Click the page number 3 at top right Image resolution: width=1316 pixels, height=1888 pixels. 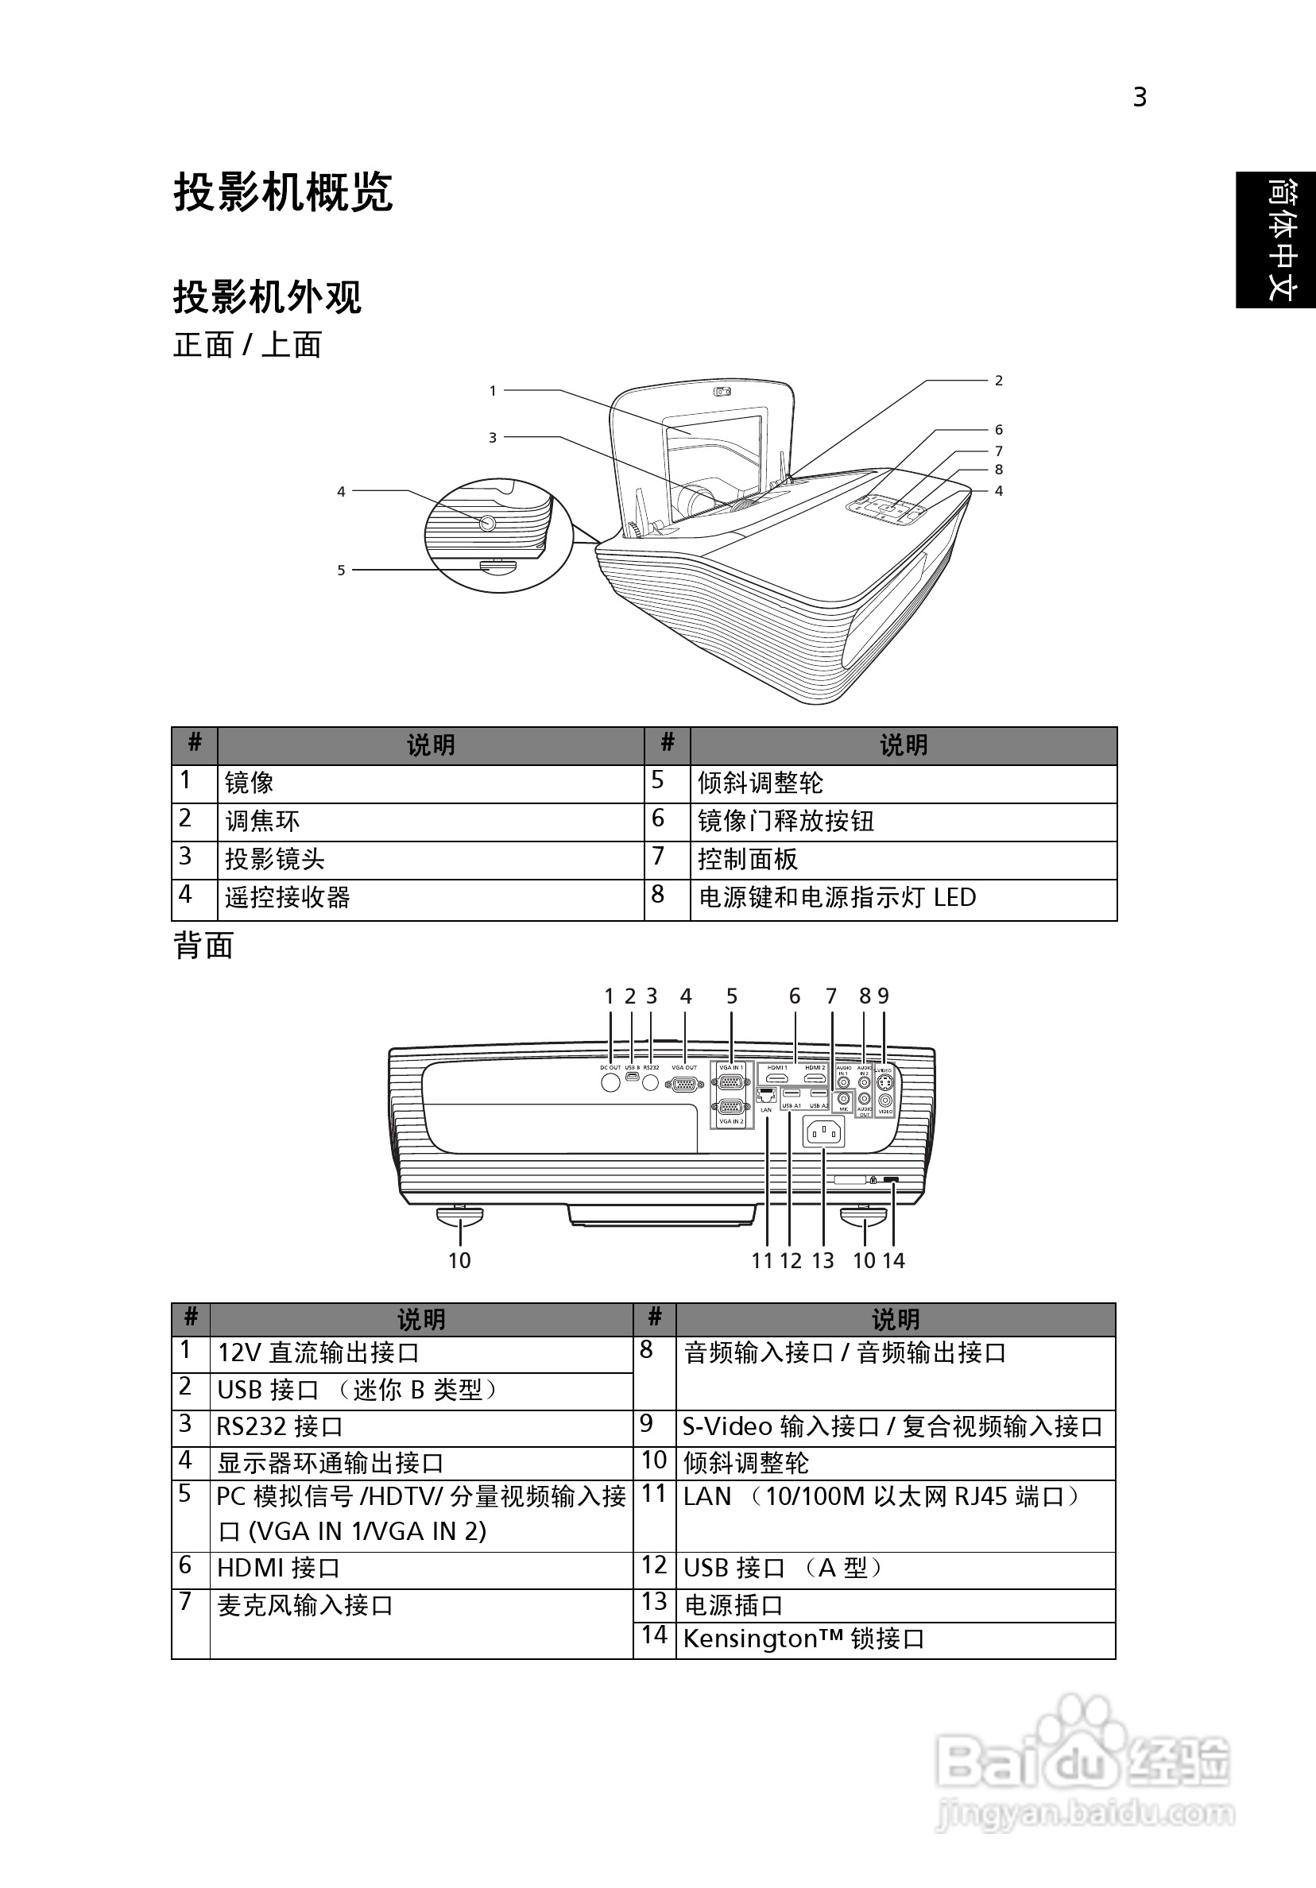pyautogui.click(x=1139, y=98)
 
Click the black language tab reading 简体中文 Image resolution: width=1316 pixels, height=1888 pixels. pyautogui.click(x=1275, y=239)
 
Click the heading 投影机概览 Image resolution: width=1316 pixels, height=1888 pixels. pyautogui.click(x=283, y=192)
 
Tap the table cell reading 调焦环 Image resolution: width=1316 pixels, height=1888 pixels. pyautogui.click(x=262, y=821)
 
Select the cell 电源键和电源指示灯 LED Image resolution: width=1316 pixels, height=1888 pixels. pyautogui.click(x=837, y=897)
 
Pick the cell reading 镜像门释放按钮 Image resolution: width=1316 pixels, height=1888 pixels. pyautogui.click(x=785, y=821)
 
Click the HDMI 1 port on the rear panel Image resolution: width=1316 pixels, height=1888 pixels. pyautogui.click(x=777, y=1077)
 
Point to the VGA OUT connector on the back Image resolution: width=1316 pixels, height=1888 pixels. pyautogui.click(x=684, y=1084)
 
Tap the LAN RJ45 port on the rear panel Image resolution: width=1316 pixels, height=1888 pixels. pyautogui.click(x=767, y=1094)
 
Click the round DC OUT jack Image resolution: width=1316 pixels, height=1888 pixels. pyautogui.click(x=610, y=1082)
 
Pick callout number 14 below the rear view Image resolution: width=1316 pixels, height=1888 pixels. pyautogui.click(x=894, y=1260)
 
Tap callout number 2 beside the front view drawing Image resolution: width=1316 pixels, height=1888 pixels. pyautogui.click(x=998, y=381)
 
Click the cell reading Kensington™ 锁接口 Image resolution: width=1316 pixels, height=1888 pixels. pyautogui.click(x=803, y=1638)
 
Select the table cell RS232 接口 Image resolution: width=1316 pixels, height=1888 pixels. pyautogui.click(x=280, y=1426)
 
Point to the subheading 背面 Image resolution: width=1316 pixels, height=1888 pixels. pyautogui.click(x=203, y=946)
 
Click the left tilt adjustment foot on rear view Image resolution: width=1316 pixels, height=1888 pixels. pyautogui.click(x=459, y=1217)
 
